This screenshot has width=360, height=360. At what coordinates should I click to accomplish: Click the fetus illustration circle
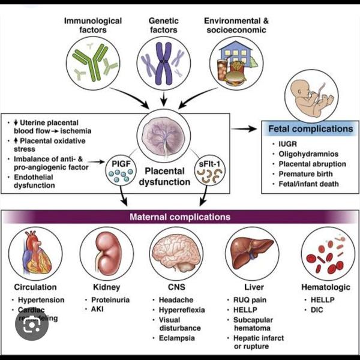point(315,92)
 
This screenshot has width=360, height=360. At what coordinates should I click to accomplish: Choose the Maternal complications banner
point(180,217)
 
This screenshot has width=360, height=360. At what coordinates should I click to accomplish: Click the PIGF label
point(119,162)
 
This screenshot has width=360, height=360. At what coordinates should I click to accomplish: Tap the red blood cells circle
point(324,253)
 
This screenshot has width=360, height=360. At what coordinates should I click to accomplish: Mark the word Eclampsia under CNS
point(177,338)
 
